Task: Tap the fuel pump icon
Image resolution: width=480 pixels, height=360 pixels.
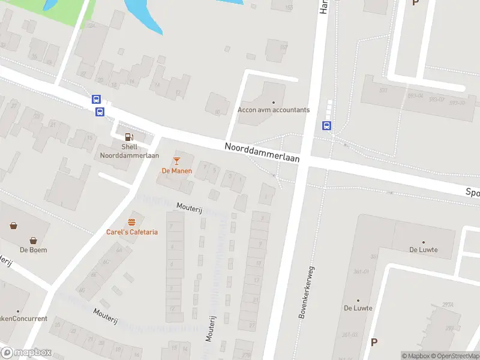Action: [129, 137]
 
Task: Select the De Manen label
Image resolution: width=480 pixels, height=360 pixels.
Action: [176, 170]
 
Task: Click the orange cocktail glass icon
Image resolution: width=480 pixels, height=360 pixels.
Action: [176, 160]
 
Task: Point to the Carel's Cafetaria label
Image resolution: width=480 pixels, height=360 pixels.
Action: [132, 232]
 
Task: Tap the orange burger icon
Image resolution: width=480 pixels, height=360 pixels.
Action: [132, 221]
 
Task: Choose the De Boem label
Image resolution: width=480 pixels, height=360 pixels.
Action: [34, 250]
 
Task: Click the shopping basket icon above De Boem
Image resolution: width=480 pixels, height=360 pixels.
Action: [13, 226]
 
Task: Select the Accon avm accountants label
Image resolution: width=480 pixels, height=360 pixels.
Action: [274, 110]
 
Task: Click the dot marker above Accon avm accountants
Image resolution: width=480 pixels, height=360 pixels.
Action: [274, 102]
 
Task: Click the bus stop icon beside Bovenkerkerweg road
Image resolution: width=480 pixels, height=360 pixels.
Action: [326, 125]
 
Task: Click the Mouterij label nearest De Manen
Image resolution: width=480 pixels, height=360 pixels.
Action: [190, 206]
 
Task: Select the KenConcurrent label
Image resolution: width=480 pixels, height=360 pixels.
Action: [24, 319]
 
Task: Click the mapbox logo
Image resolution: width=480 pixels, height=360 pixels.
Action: [26, 353]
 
